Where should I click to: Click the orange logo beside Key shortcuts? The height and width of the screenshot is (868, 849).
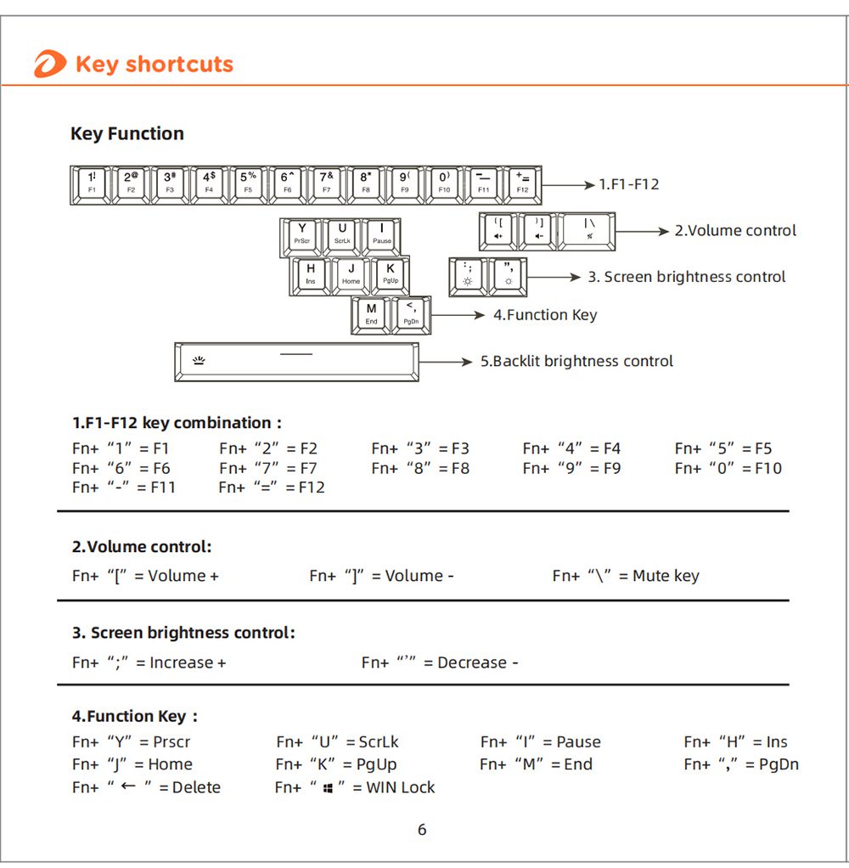49,65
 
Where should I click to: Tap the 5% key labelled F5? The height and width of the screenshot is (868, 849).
249,184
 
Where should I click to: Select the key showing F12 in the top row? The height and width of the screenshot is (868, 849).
522,184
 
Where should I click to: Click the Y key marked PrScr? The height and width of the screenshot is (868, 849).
301,234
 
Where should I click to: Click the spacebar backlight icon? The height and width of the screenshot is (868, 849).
200,361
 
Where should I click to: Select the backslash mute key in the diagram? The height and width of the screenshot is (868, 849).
588,230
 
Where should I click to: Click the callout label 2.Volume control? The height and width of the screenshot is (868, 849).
735,230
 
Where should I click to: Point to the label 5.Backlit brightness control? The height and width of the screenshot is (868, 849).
576,361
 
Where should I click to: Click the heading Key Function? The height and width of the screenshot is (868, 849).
127,133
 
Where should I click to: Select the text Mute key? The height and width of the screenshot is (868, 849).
666,576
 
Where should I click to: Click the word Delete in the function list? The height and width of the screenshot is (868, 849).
196,787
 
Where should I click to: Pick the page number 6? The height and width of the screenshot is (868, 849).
422,830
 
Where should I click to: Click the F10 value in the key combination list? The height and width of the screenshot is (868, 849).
767,468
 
